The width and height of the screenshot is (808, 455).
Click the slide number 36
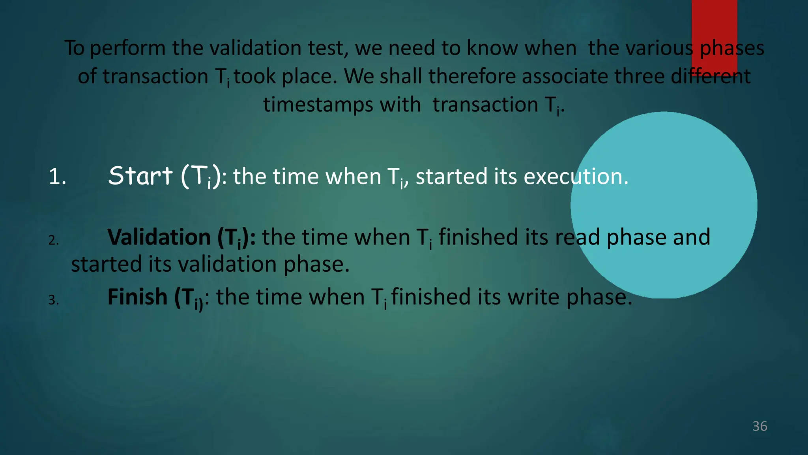click(x=759, y=426)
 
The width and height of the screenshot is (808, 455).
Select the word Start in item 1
click(x=140, y=176)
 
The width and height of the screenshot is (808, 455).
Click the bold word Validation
click(x=159, y=237)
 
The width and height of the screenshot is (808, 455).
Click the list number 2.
click(x=54, y=240)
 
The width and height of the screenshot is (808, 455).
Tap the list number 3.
click(x=54, y=300)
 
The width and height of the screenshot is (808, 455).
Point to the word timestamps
click(x=318, y=105)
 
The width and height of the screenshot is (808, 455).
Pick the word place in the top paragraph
click(x=309, y=77)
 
